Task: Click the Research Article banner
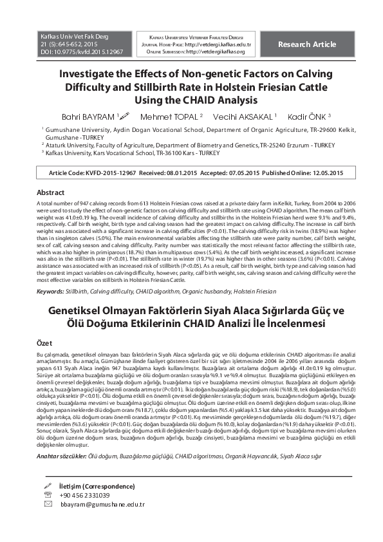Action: [306, 44]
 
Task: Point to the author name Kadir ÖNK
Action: [309, 116]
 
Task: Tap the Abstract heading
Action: [50, 192]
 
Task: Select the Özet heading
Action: [44, 344]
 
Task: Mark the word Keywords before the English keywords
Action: [50, 291]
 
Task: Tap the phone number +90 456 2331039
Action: [84, 495]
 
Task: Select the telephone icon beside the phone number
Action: [47, 495]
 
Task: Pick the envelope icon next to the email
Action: [47, 505]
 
